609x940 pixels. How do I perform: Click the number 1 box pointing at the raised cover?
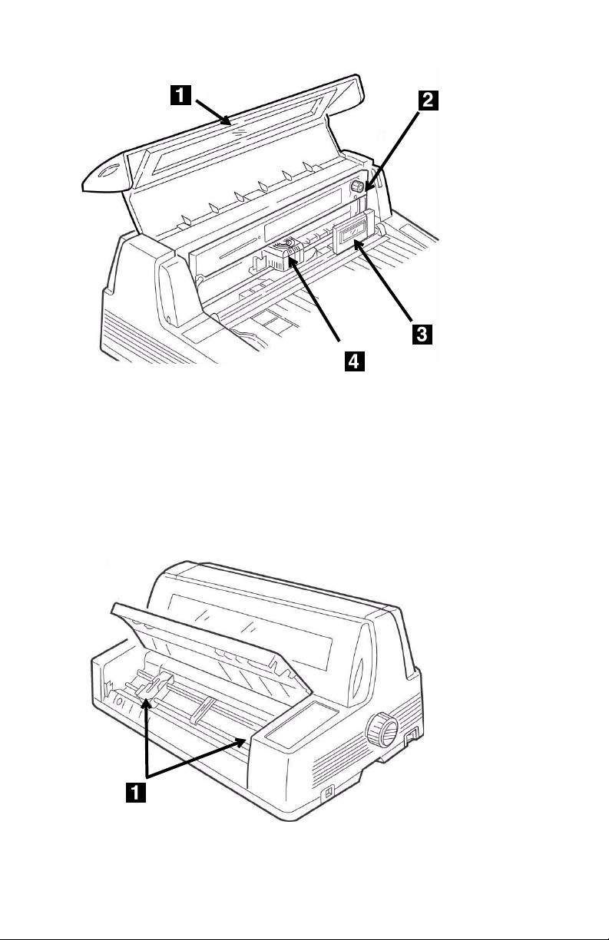click(180, 95)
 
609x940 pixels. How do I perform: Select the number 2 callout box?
click(428, 101)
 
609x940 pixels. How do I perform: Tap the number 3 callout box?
click(422, 335)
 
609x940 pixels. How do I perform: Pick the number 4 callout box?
click(355, 361)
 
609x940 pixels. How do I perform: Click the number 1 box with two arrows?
click(136, 792)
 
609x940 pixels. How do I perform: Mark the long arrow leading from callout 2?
click(392, 152)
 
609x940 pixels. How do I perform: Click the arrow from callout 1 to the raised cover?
click(213, 113)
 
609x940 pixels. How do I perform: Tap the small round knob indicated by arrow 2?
click(357, 186)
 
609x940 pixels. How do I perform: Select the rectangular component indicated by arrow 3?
click(353, 231)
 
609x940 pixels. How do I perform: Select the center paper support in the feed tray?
click(203, 710)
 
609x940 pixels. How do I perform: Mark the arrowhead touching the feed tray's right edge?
click(240, 742)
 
